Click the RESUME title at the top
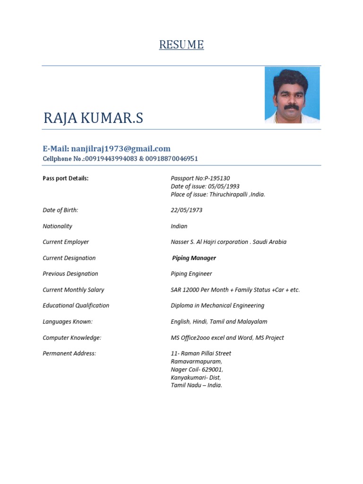181,45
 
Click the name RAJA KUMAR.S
93,119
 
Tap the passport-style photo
292,95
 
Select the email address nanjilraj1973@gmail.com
121,148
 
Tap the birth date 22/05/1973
186,210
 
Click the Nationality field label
57,226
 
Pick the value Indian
179,226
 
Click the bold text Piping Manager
194,258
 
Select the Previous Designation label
70,274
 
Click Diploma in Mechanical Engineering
217,305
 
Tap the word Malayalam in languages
252,321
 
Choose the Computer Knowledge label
72,337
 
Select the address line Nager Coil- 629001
197,369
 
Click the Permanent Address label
69,354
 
